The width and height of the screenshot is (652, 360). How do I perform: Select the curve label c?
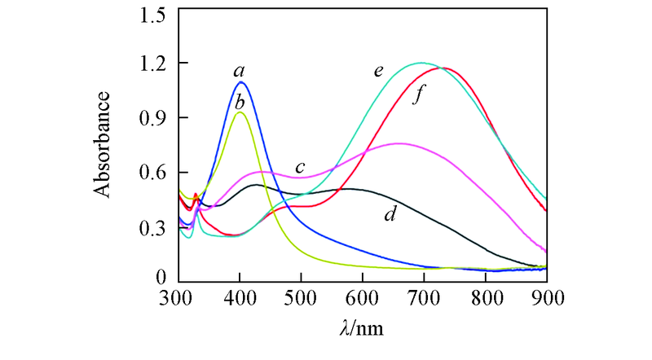300,169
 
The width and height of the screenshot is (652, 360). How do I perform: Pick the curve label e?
379,71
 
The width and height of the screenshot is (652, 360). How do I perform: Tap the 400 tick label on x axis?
240,298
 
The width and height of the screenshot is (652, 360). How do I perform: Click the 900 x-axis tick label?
546,298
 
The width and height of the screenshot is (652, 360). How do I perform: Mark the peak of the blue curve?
240,82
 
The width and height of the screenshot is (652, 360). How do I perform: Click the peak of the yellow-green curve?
239,112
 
